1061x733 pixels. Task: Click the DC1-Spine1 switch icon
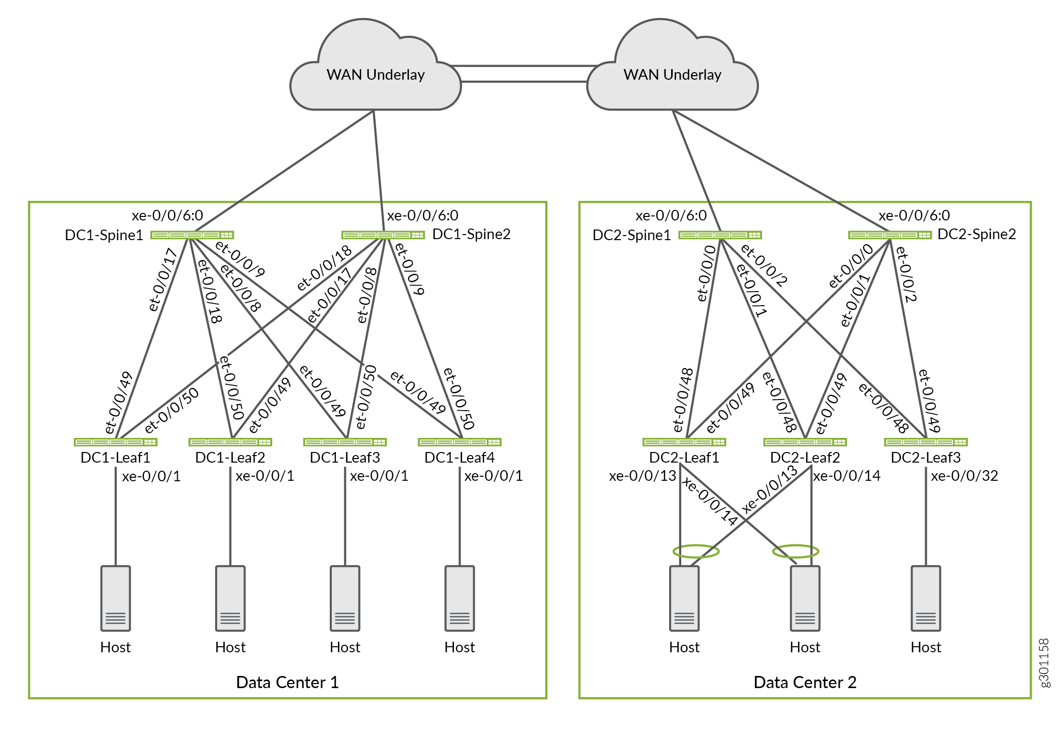click(x=192, y=235)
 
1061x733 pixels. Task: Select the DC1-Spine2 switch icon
click(x=383, y=235)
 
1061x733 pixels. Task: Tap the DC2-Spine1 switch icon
click(x=720, y=235)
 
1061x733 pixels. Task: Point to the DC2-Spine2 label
click(x=976, y=234)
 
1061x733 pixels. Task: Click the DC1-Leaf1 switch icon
click(x=116, y=442)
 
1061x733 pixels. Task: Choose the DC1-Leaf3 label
click(x=345, y=458)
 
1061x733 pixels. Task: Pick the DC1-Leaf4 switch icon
click(x=460, y=442)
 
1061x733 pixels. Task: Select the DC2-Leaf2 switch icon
click(x=805, y=442)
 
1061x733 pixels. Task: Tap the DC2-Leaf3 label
click(x=926, y=458)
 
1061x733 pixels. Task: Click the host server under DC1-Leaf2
click(x=230, y=598)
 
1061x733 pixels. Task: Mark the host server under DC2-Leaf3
click(x=926, y=598)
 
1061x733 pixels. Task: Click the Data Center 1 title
click(x=287, y=683)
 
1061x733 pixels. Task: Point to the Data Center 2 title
click(x=805, y=683)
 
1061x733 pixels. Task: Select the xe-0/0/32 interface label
click(x=965, y=476)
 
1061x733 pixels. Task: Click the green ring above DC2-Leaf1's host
click(x=696, y=551)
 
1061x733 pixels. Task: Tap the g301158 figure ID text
click(x=1044, y=662)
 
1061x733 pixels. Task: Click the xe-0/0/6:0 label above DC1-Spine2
click(x=423, y=215)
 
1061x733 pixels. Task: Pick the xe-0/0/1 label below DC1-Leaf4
click(x=493, y=476)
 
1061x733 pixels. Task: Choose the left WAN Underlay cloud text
click(x=375, y=75)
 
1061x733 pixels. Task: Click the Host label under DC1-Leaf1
click(x=116, y=647)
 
